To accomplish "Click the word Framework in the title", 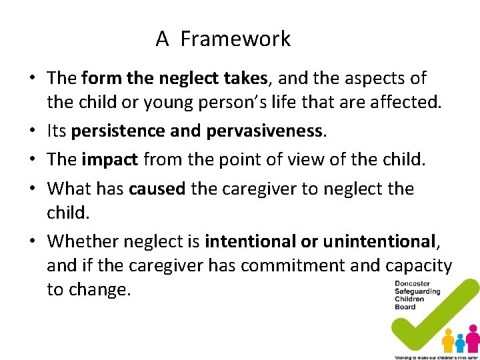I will click(x=235, y=39).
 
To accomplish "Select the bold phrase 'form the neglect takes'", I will click(x=174, y=78).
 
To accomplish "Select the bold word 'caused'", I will click(x=157, y=189).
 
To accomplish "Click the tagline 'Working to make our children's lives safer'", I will click(x=437, y=357).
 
